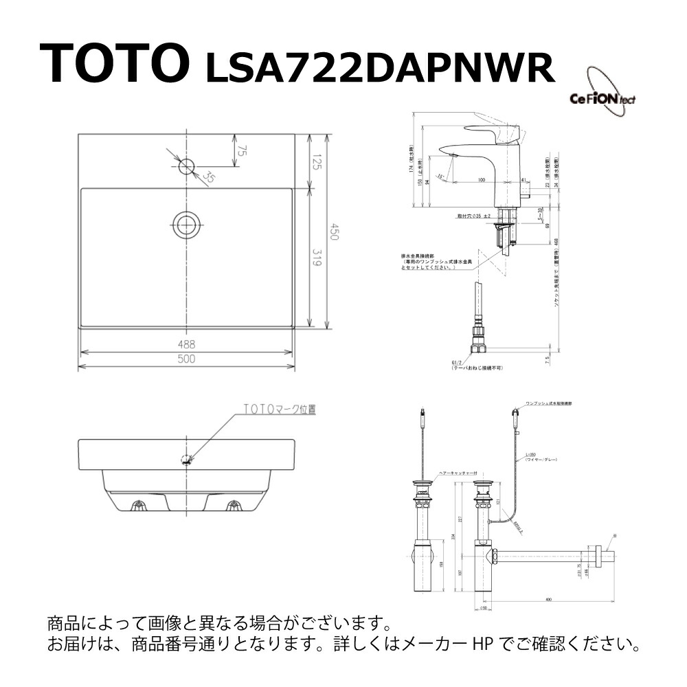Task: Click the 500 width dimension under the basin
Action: tap(187, 359)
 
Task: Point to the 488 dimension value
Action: tap(187, 343)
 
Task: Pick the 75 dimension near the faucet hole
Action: tap(241, 150)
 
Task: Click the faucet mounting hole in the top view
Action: tap(187, 166)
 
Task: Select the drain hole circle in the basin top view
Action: tap(187, 225)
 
